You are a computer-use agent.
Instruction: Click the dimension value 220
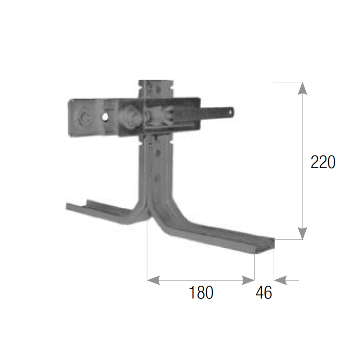(323, 162)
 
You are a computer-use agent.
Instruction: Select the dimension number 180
(201, 292)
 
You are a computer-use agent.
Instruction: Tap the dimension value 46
(264, 292)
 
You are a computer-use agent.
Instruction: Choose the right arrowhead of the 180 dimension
(248, 280)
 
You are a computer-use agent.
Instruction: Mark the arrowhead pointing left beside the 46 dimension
(280, 280)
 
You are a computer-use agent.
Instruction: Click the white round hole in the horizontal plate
(105, 117)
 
